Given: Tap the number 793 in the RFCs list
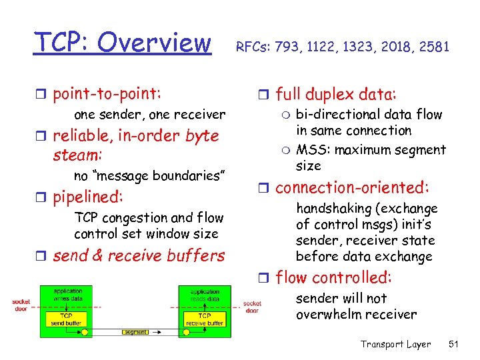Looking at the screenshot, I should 299,47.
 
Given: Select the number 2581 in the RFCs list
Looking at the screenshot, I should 433,47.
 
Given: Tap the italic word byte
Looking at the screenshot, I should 202,136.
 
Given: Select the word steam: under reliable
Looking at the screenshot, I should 77,155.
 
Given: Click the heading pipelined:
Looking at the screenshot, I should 88,198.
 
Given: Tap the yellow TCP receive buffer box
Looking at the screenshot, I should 205,319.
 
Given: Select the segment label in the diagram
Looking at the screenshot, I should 135,331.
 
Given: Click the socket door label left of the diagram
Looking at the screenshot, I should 21,305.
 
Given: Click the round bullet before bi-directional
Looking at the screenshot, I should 284,115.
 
